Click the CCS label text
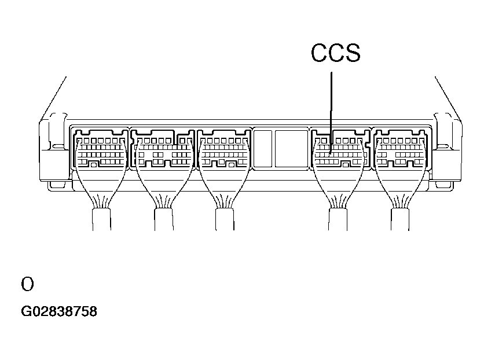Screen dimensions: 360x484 coord(335,53)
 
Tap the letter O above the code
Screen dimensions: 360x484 coord(27,284)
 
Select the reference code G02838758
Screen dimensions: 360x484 coord(59,312)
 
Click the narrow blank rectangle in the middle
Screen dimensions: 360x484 coord(263,149)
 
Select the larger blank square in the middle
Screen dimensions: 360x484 coord(291,149)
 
